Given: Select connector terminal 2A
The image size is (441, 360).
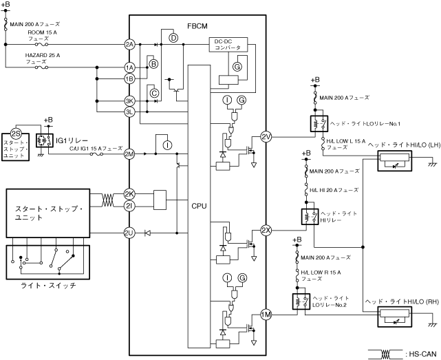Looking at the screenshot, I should [x=129, y=45].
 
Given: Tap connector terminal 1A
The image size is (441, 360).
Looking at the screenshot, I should [x=129, y=67].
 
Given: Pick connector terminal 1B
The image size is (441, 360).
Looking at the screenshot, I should [x=129, y=78].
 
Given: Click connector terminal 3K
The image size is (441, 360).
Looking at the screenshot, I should [x=129, y=100].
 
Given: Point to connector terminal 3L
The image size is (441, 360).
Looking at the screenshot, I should [x=129, y=112].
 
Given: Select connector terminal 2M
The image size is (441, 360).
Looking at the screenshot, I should [x=129, y=153].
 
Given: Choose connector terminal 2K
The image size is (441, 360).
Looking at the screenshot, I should [x=129, y=195].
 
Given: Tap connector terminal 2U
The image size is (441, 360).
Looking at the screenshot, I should [x=129, y=233].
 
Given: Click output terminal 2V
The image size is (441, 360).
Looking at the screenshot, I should [x=266, y=138].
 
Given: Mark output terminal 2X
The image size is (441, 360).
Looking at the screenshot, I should [x=266, y=230].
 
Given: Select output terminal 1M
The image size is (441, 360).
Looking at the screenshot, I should [x=266, y=316].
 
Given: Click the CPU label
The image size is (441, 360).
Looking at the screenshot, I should [x=198, y=206].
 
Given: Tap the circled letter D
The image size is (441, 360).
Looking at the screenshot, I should [x=173, y=37].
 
